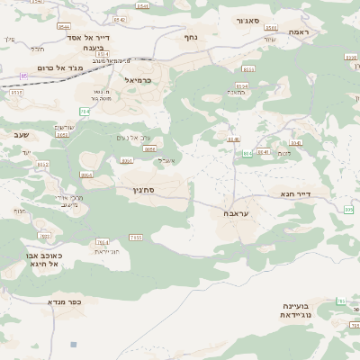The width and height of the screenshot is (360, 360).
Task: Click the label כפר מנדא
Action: point(65,302)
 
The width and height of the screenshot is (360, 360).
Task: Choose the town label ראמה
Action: point(300,31)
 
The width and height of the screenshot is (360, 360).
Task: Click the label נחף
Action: point(190,37)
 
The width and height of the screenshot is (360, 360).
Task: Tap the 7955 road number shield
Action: point(135,237)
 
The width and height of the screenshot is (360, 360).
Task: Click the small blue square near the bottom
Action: point(73,344)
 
